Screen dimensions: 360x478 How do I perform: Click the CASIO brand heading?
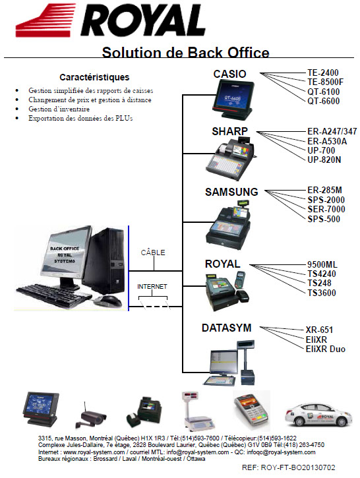[x=229, y=74]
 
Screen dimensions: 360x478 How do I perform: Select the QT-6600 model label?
[x=324, y=102]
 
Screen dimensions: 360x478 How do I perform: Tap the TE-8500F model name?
[x=325, y=82]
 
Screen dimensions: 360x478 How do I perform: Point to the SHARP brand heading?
[x=230, y=131]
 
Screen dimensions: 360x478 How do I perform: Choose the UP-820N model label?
[x=324, y=160]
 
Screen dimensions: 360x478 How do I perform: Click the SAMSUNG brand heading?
[x=231, y=192]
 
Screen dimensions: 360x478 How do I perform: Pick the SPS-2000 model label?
[x=326, y=200]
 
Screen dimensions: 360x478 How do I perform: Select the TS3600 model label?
[x=322, y=293]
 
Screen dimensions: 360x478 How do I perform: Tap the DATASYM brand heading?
[x=227, y=328]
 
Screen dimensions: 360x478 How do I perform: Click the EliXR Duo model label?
[x=326, y=349]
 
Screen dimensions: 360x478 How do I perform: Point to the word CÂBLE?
[x=153, y=252]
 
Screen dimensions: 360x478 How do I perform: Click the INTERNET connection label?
[x=152, y=287]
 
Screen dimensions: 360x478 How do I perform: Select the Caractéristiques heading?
[x=94, y=77]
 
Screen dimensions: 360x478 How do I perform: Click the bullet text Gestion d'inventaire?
[x=59, y=109]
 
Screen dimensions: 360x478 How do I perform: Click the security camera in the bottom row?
[x=91, y=416]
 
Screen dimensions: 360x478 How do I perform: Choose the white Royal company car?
[x=318, y=415]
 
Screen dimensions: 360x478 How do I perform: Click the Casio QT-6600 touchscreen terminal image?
[x=233, y=101]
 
